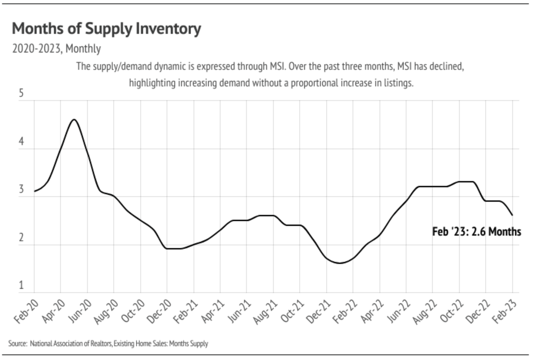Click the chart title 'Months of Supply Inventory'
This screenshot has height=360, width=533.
pyautogui.click(x=106, y=29)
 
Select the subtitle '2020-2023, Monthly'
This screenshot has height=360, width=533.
pyautogui.click(x=56, y=49)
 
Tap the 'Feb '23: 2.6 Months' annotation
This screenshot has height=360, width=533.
pyautogui.click(x=476, y=231)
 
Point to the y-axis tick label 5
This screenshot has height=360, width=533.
pyautogui.click(x=21, y=93)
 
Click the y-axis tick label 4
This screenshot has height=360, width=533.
pyautogui.click(x=21, y=141)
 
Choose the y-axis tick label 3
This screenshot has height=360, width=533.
pyautogui.click(x=21, y=189)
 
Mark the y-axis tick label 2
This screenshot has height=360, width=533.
pyautogui.click(x=21, y=237)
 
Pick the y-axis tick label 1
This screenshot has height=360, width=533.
pyautogui.click(x=21, y=285)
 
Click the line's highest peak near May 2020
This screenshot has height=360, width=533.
pyautogui.click(x=74, y=120)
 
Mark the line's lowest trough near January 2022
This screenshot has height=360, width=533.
pyautogui.click(x=340, y=263)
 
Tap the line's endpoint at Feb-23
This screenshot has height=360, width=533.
pyautogui.click(x=512, y=215)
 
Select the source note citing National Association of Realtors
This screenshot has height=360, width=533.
pyautogui.click(x=108, y=344)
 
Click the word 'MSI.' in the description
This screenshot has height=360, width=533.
pyautogui.click(x=278, y=66)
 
